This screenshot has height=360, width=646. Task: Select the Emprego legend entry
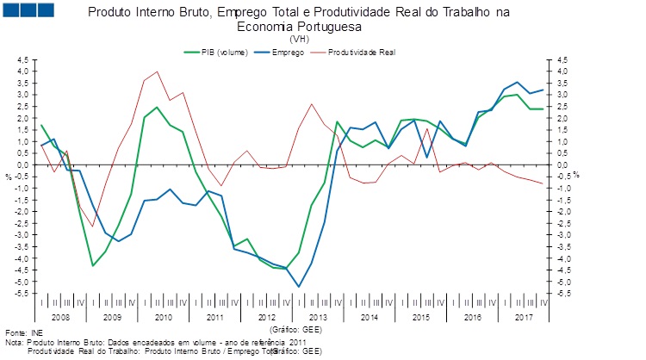(x=285, y=53)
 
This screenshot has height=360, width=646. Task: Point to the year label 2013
(x=320, y=318)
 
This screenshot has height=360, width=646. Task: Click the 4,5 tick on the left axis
(x=23, y=59)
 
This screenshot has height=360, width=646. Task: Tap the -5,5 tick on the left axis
(x=22, y=294)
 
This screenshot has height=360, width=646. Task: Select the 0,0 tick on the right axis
(x=562, y=164)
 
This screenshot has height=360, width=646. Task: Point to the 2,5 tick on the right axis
(x=562, y=106)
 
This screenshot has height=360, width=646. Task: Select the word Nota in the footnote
(x=15, y=342)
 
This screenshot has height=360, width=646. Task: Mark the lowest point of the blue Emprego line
(x=299, y=287)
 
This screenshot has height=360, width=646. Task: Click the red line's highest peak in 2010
(x=157, y=71)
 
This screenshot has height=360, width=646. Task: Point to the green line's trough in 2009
(x=92, y=265)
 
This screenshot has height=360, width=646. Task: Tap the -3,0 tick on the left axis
(x=22, y=235)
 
